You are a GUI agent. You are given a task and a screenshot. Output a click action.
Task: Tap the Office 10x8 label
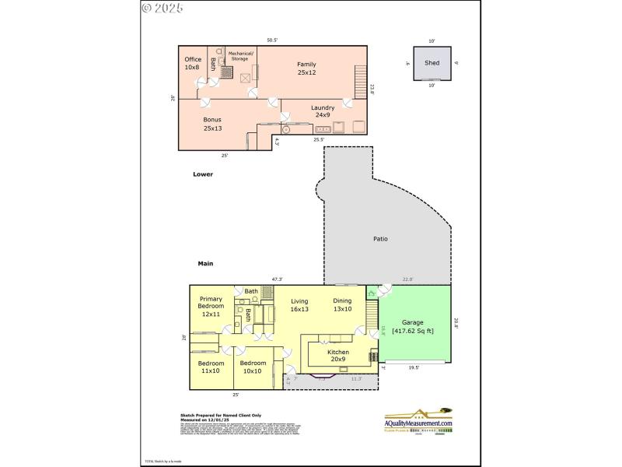(192, 64)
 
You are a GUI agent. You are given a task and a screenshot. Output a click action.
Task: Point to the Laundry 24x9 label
(323, 111)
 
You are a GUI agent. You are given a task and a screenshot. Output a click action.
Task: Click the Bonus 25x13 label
(212, 124)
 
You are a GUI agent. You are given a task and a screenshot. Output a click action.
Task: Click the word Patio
(380, 239)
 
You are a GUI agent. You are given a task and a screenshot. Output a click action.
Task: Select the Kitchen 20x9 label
(338, 356)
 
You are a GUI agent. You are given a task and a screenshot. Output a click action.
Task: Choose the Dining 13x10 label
(342, 305)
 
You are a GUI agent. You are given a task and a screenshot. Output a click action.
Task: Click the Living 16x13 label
(299, 305)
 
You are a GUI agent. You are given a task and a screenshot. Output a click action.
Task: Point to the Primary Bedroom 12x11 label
(211, 307)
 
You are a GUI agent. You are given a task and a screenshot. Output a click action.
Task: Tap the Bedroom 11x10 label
(211, 367)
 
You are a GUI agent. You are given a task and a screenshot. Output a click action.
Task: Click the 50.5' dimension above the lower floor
(272, 40)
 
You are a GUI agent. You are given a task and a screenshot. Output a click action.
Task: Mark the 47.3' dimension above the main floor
(277, 279)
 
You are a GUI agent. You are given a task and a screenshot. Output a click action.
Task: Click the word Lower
(203, 174)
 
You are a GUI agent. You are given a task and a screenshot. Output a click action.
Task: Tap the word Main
(205, 264)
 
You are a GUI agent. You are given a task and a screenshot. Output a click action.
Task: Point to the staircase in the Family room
(359, 82)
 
